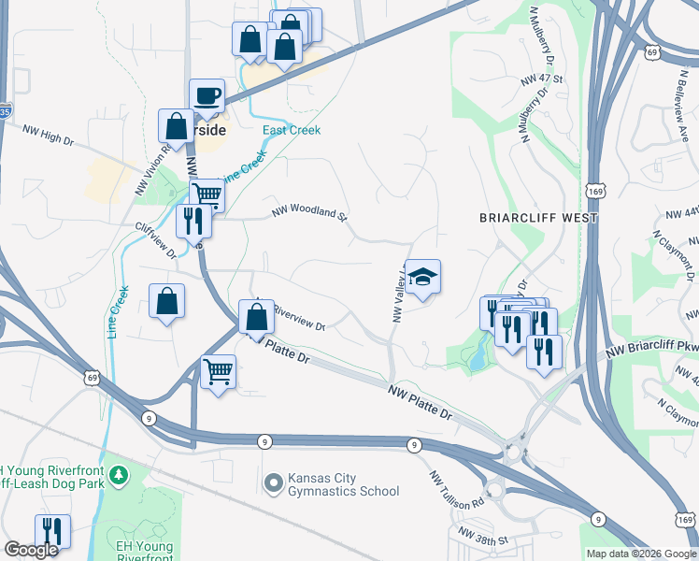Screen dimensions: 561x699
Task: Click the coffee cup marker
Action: click(x=207, y=95)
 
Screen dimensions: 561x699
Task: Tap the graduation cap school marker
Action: click(x=422, y=277)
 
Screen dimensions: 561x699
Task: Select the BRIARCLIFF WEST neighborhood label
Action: click(x=537, y=218)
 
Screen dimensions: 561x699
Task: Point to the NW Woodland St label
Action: click(x=309, y=213)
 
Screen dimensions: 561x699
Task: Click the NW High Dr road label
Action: click(x=47, y=136)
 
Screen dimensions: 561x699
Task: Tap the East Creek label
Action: click(x=292, y=130)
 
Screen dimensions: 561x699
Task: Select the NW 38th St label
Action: click(x=480, y=540)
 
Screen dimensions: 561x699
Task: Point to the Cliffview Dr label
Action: click(x=155, y=239)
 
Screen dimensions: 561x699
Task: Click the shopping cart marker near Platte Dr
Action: click(x=219, y=371)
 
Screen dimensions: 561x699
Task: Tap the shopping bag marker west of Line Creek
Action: click(x=166, y=301)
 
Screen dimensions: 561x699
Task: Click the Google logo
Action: click(x=31, y=550)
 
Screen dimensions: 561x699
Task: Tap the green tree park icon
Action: click(x=118, y=476)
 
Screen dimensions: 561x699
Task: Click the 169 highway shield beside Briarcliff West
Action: click(x=599, y=190)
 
